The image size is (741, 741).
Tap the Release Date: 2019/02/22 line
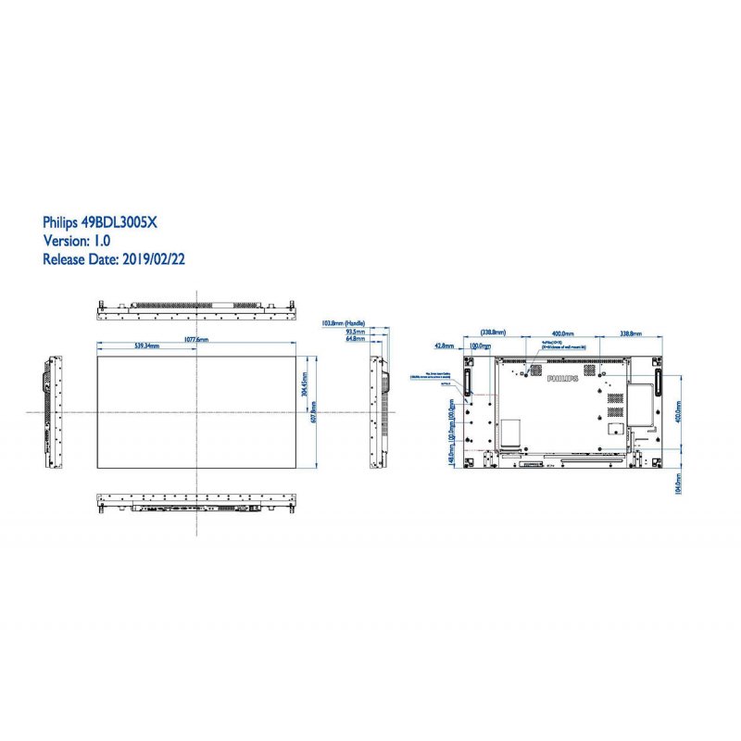[114, 260]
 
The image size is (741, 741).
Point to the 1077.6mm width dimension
[196, 340]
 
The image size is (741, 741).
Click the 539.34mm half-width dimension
[146, 346]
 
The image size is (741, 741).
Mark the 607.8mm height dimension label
[315, 409]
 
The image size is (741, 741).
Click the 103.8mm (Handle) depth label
[343, 323]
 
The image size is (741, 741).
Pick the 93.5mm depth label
[354, 332]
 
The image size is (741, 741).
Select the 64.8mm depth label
[354, 339]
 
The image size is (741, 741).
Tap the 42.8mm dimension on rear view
[444, 345]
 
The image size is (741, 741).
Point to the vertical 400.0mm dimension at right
[679, 411]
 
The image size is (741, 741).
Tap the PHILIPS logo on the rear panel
[561, 379]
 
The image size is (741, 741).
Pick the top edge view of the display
[196, 306]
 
